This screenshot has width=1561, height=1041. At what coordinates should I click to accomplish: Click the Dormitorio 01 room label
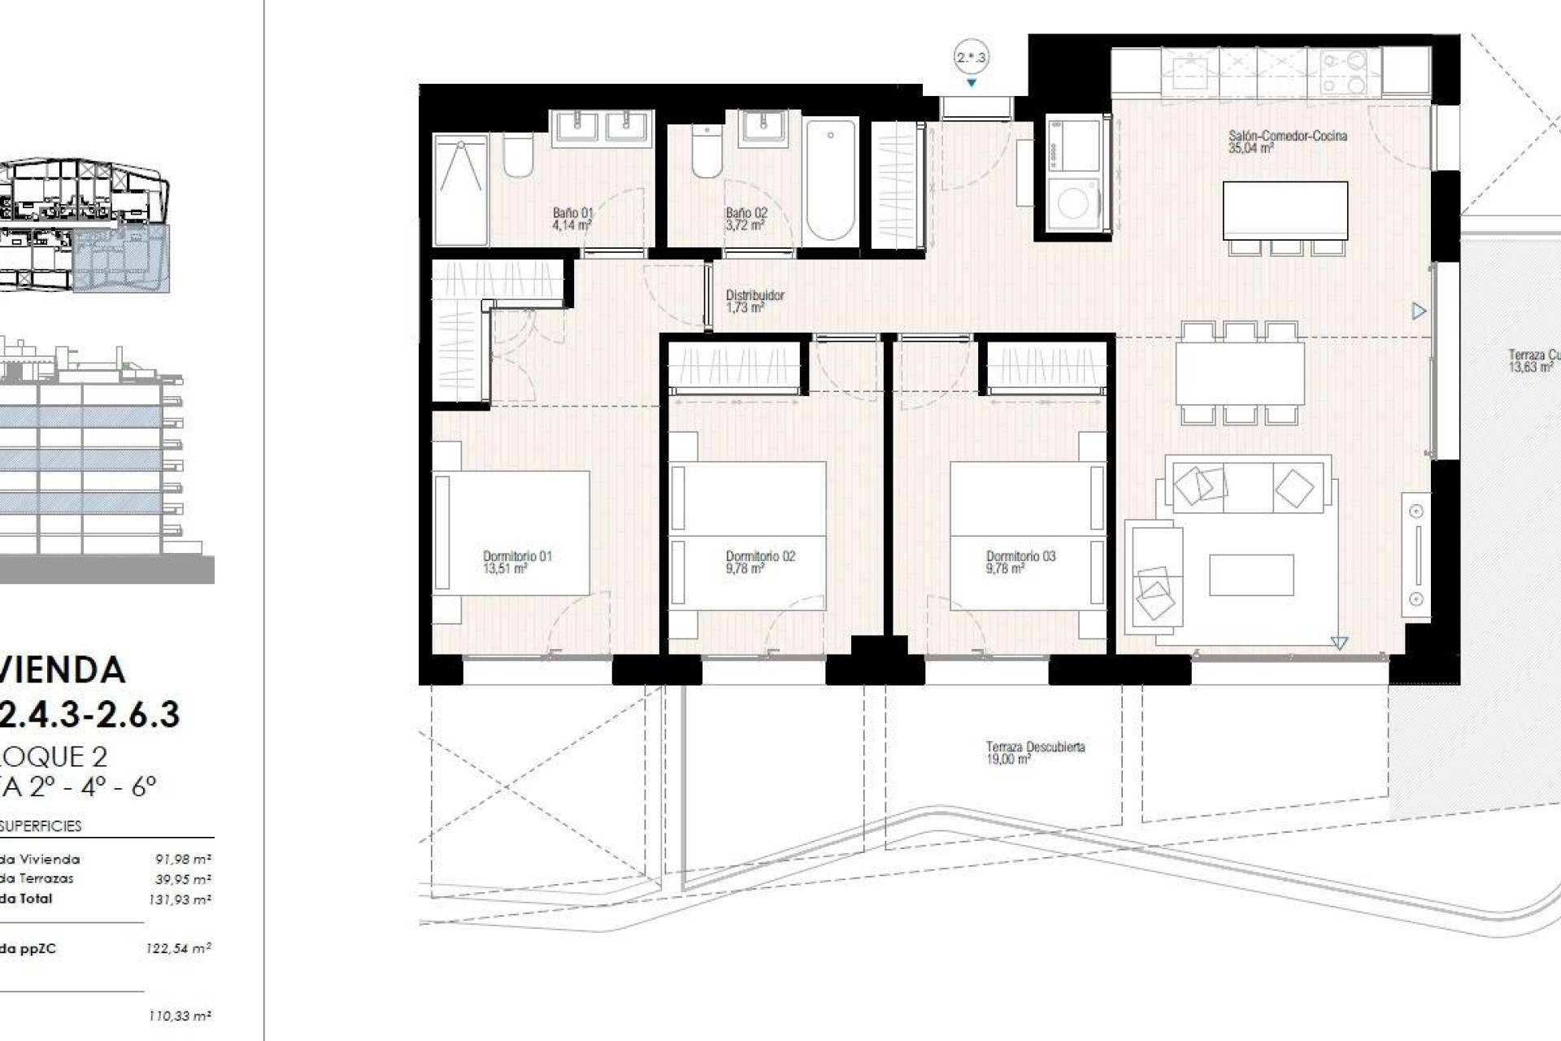pos(517,556)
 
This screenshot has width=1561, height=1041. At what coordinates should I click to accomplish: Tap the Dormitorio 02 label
pos(760,556)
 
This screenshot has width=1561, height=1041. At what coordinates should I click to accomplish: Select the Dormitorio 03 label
pos(1020,556)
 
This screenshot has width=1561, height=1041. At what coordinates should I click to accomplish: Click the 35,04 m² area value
pos(1250,148)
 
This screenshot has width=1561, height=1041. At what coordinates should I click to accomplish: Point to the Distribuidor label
pos(754,295)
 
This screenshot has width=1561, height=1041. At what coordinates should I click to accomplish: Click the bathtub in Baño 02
pos(830,180)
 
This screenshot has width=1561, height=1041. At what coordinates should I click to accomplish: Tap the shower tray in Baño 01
pos(460,190)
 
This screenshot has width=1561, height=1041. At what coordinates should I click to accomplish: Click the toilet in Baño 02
pos(707,152)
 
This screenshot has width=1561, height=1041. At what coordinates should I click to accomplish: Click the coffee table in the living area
pos(1250,575)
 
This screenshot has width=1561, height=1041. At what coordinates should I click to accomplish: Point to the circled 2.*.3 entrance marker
pos(971,58)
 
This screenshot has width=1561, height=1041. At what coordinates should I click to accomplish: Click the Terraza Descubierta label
pos(1035,747)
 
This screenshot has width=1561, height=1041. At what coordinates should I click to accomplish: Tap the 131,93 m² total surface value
pos(180,899)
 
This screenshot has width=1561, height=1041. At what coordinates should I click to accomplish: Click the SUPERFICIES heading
pos(41,825)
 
